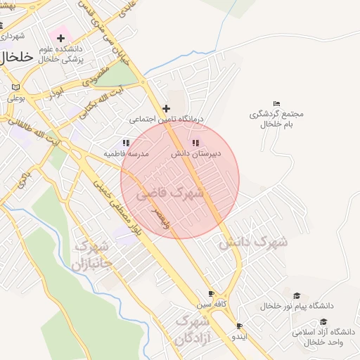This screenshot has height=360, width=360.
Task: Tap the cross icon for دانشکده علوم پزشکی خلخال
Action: tap(60, 37)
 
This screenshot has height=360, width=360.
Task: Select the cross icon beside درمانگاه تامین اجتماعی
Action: tap(166, 108)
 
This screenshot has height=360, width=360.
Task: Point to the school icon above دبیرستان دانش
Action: tap(195, 143)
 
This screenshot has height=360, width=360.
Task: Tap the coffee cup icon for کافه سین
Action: tap(211, 294)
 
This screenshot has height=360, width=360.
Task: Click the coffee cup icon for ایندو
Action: tap(240, 326)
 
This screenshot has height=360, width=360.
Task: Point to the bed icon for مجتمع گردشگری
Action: tap(276, 104)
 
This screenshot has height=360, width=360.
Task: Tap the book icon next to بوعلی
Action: tap(15, 88)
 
